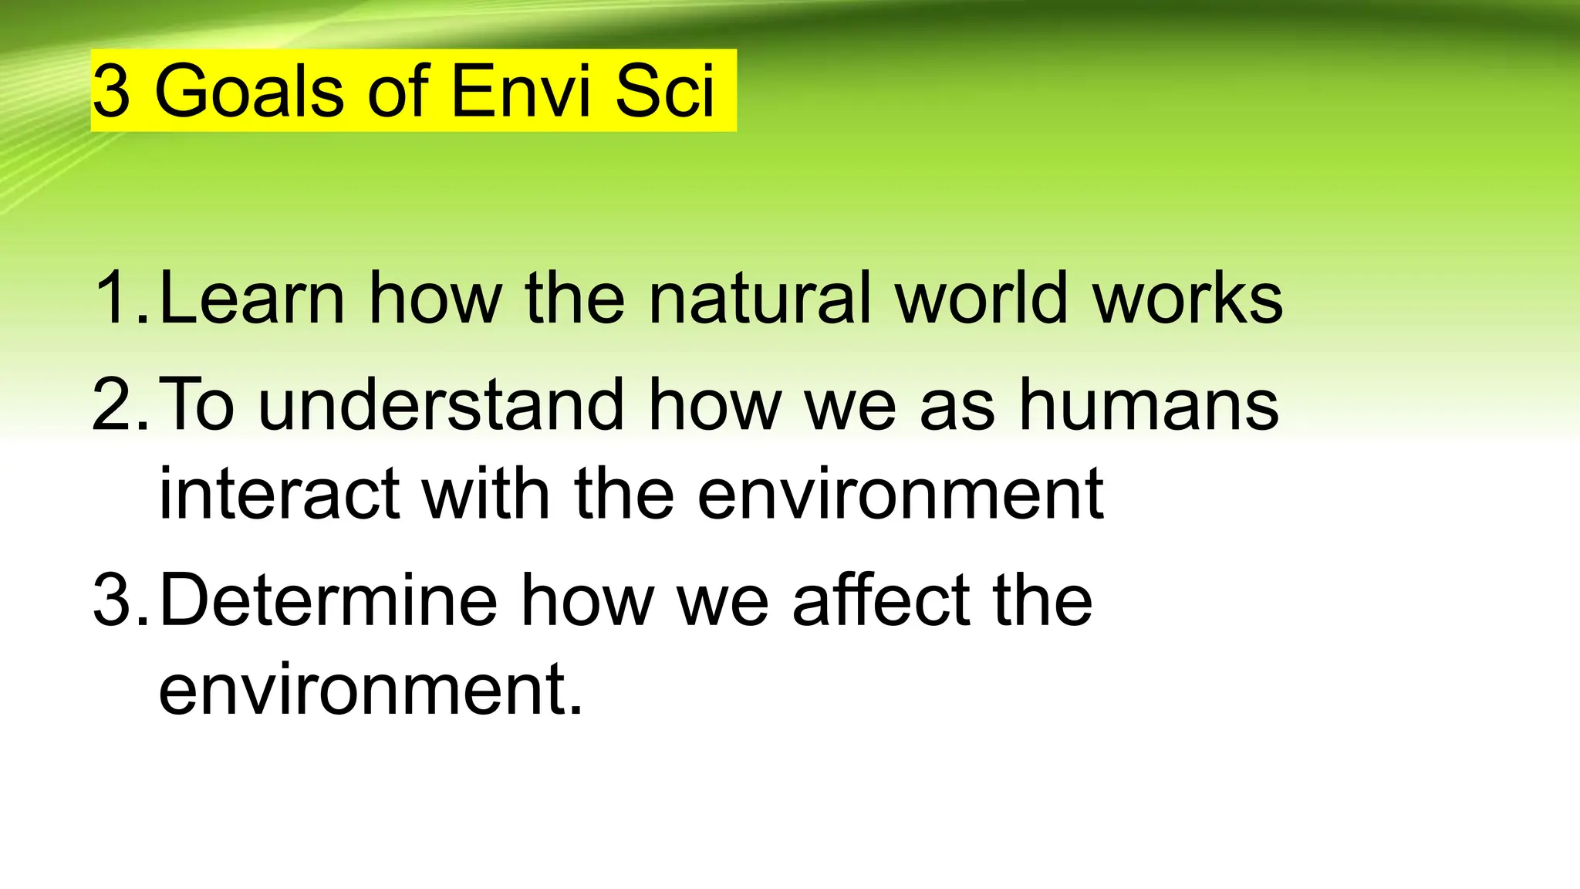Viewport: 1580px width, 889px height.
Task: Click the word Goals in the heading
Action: [x=248, y=92]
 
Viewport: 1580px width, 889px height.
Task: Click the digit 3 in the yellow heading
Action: [x=112, y=92]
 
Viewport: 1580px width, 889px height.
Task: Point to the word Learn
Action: [x=252, y=298]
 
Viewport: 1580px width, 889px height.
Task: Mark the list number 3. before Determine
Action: [x=120, y=600]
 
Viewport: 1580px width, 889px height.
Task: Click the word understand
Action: [x=441, y=404]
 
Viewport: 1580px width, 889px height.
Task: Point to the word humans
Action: [x=1149, y=404]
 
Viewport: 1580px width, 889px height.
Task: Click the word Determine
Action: [x=329, y=600]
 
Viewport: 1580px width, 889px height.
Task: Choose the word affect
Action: [x=880, y=600]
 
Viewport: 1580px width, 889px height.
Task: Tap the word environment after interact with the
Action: [x=900, y=493]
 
